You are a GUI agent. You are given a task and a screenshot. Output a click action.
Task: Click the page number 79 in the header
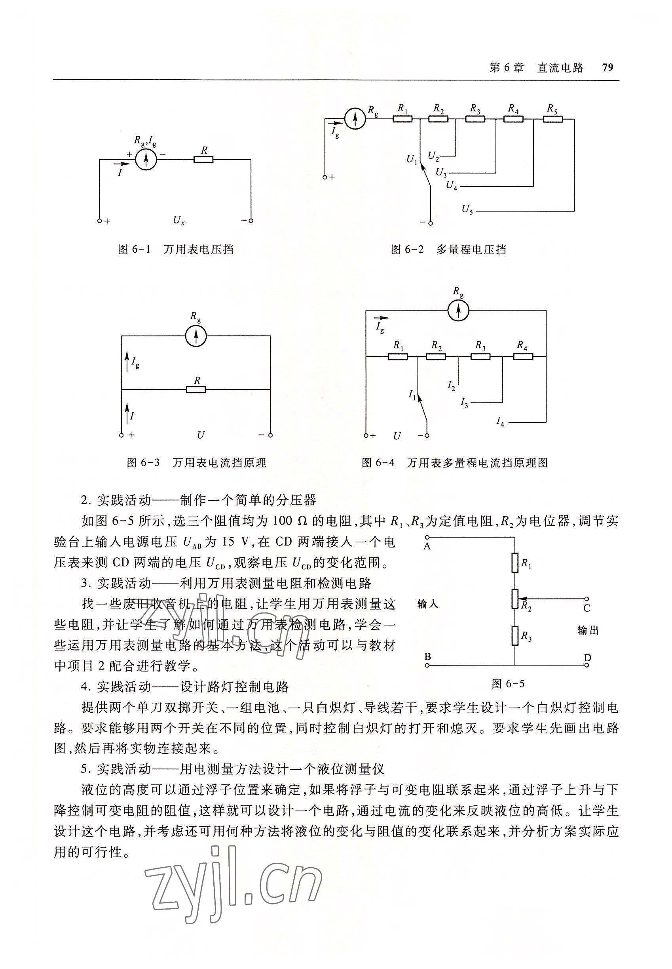tap(607, 67)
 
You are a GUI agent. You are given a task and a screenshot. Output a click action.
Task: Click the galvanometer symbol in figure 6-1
tap(146, 160)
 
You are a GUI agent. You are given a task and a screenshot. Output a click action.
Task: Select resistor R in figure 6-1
tap(203, 160)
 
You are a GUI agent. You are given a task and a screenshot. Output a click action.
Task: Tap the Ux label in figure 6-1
tap(178, 220)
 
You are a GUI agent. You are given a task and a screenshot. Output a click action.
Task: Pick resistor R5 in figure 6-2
tap(552, 119)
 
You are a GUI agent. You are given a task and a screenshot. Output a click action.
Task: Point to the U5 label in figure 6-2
tap(467, 209)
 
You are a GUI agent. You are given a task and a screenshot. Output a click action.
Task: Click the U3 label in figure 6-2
tap(441, 172)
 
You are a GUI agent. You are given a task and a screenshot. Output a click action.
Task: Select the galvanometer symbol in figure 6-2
tap(355, 119)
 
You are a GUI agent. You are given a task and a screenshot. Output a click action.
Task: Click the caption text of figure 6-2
tap(448, 250)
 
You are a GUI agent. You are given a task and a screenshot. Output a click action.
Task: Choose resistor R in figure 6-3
tap(196, 389)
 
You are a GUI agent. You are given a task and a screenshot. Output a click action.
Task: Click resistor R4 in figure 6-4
tap(523, 357)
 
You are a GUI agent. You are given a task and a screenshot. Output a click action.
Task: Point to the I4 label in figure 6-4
tap(500, 421)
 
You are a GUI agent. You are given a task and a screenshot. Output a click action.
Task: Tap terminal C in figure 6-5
tap(586, 599)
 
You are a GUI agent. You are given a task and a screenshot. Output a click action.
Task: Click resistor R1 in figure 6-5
tap(514, 563)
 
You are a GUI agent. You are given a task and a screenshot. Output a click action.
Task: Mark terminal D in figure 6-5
tap(586, 666)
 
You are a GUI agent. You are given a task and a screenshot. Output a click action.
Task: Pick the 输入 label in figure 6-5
tap(428, 604)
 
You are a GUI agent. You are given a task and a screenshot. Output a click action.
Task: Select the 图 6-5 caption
tap(508, 684)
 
